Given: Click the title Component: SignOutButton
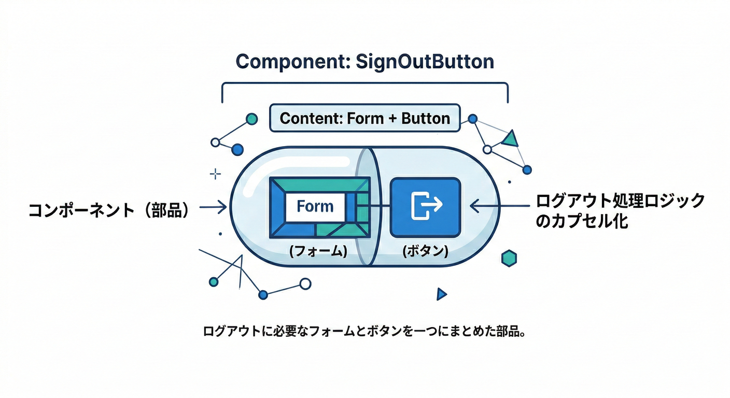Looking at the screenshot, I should click(x=364, y=62).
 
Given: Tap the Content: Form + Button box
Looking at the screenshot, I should click(x=364, y=118).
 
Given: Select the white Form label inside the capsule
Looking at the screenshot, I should click(x=315, y=207).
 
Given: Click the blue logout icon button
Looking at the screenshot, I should click(x=425, y=206).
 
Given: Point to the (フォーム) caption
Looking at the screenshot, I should click(x=317, y=251).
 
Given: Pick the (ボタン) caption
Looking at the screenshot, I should click(x=425, y=251).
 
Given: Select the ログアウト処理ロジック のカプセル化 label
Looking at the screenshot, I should click(x=620, y=210).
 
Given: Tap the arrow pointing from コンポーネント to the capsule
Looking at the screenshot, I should click(x=213, y=208).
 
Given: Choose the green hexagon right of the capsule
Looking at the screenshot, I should click(x=510, y=258).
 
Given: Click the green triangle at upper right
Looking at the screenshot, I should click(x=511, y=138).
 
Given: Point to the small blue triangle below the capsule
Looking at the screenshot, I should click(x=441, y=294).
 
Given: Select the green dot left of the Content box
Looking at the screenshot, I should click(x=251, y=119).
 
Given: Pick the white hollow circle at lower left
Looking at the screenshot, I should click(x=305, y=283).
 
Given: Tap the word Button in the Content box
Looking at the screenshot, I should click(x=425, y=118).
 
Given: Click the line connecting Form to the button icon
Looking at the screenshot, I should click(x=373, y=206).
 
